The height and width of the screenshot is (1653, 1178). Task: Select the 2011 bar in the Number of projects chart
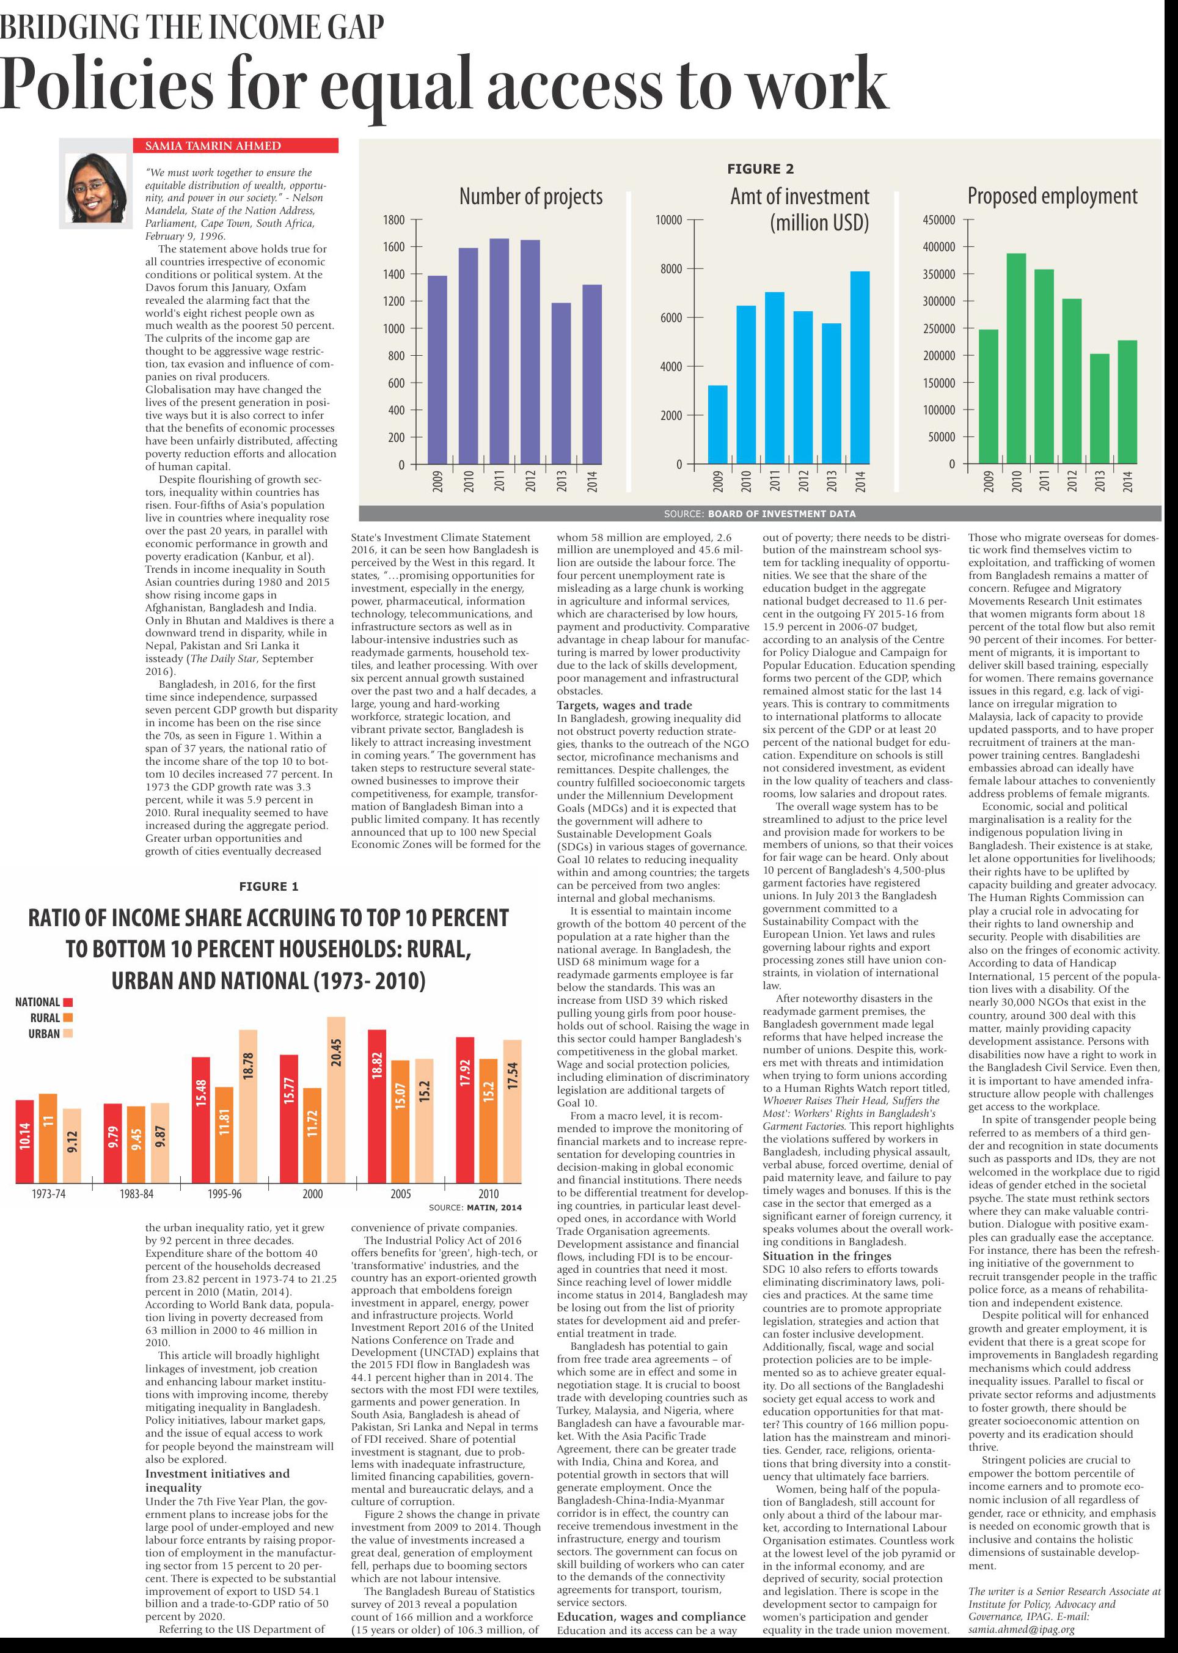(499, 352)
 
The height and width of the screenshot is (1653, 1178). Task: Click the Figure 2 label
(760, 169)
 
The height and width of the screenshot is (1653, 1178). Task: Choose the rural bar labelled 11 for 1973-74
(48, 1138)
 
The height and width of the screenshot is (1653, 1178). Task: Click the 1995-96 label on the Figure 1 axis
(224, 1194)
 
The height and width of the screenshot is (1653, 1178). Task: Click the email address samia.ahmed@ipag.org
(1022, 1629)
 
